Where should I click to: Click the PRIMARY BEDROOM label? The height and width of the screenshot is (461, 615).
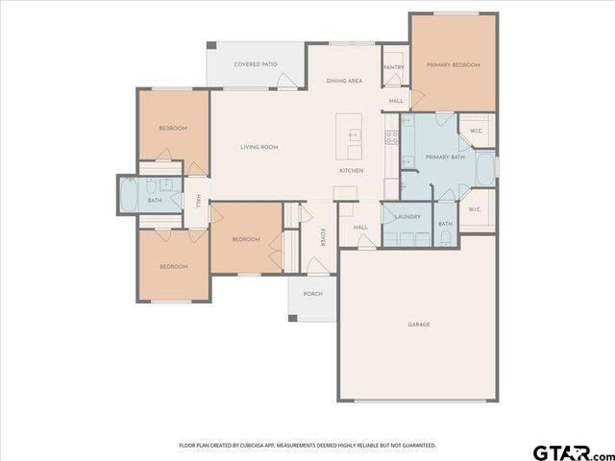[x=453, y=65]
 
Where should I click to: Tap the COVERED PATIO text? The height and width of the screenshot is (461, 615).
[x=256, y=64]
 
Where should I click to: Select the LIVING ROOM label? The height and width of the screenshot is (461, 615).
[x=258, y=147]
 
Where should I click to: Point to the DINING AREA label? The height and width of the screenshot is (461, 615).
[x=344, y=82]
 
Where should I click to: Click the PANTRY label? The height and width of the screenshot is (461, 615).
[x=393, y=67]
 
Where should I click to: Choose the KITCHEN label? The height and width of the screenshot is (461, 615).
[x=351, y=171]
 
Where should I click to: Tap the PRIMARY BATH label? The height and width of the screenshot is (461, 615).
[x=445, y=157]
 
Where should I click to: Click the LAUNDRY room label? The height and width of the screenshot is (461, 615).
[x=407, y=216]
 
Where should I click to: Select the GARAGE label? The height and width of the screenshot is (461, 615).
[x=419, y=325]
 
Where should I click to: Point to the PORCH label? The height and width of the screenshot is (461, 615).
[x=312, y=294]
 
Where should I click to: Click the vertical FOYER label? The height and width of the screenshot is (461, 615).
[x=323, y=237]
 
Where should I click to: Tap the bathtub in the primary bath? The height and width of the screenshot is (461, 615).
[x=486, y=170]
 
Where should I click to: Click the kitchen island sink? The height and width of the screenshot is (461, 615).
[x=352, y=135]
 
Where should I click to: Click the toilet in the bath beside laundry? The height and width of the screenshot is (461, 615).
[x=445, y=239]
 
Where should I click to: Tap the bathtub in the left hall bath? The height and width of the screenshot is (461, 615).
[x=129, y=200]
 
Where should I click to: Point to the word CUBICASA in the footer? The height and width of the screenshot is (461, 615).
[x=253, y=446]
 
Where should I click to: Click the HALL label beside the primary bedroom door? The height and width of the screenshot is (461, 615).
[x=396, y=101]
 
